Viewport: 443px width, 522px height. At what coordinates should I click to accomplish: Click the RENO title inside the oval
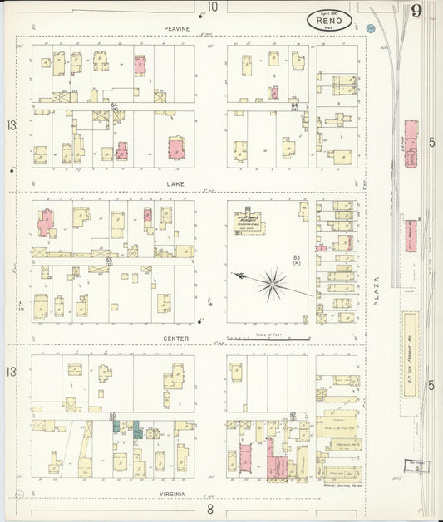(x=329, y=20)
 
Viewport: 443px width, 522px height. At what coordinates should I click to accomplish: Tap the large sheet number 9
(x=415, y=11)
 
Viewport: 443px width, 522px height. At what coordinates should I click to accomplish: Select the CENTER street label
(x=176, y=339)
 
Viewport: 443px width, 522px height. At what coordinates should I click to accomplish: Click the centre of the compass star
(x=272, y=284)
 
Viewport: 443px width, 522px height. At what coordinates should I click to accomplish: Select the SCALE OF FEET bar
(x=268, y=339)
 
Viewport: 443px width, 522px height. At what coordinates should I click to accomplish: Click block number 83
(x=296, y=258)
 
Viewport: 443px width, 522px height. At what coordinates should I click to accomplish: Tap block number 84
(x=294, y=105)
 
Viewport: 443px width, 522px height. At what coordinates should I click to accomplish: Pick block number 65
(x=109, y=260)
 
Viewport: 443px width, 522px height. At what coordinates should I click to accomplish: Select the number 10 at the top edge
(x=213, y=7)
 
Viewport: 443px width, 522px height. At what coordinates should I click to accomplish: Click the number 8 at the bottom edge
(x=211, y=509)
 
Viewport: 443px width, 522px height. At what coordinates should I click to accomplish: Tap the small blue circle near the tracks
(x=372, y=29)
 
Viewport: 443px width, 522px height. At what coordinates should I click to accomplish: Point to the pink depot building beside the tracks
(x=411, y=143)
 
